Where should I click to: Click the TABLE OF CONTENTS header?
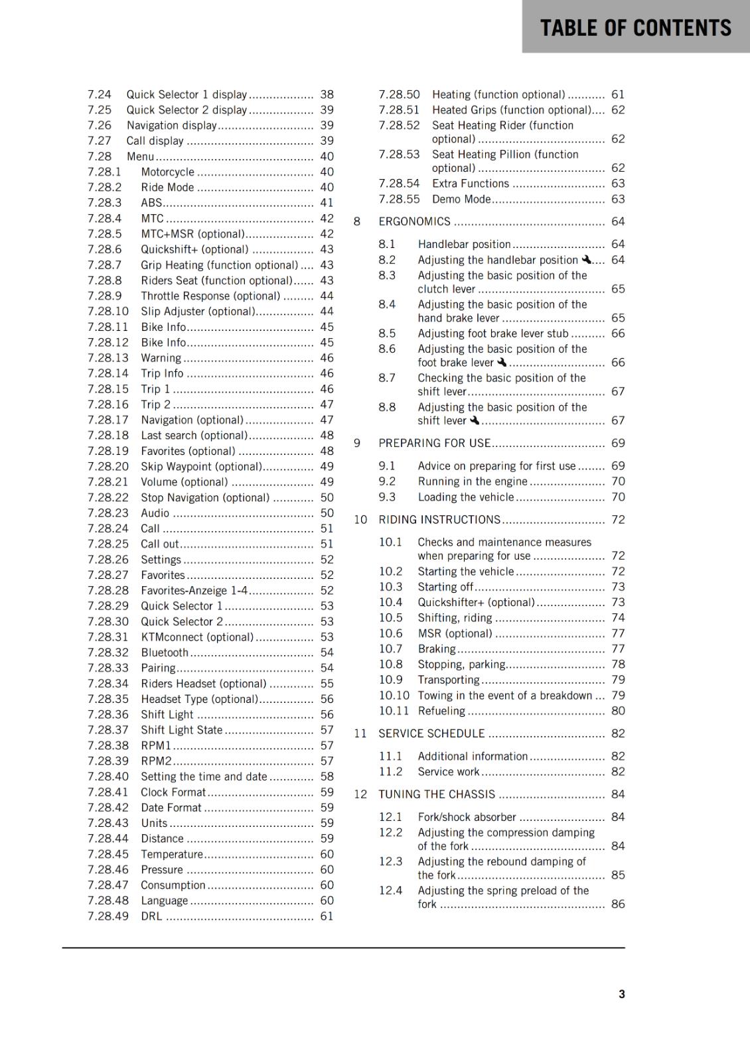[635, 28]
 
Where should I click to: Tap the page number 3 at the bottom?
[621, 994]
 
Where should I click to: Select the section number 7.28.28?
[108, 590]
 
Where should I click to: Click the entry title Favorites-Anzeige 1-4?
[194, 590]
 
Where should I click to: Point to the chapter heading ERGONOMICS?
[414, 221]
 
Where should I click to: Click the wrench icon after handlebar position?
[586, 259]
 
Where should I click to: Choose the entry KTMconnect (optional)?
[197, 637]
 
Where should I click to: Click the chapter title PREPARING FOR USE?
[434, 443]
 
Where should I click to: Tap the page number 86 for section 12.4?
[617, 904]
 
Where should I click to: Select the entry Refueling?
[441, 711]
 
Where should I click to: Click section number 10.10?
[394, 695]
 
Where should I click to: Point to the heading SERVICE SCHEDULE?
[431, 733]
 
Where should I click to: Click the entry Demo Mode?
[461, 199]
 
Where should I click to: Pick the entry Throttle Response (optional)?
[210, 296]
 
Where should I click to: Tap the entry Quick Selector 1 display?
[187, 95]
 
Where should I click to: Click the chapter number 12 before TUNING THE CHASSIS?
[360, 794]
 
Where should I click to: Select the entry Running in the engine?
[473, 481]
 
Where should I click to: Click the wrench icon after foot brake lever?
[502, 362]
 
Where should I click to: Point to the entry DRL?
[151, 916]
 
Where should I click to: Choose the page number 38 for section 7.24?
[327, 95]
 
